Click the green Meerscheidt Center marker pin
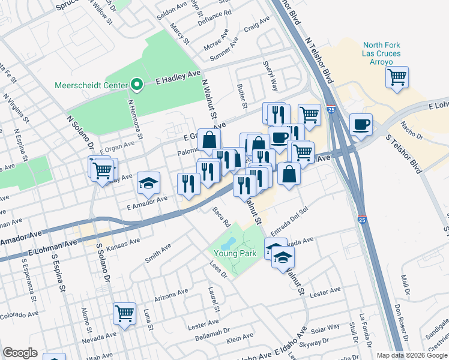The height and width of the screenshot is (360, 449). (137, 85)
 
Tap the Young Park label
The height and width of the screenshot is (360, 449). (236, 253)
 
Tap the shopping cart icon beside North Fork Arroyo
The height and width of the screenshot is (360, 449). (397, 77)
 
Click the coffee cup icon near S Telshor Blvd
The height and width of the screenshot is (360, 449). (361, 125)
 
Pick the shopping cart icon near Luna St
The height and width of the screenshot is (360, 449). (124, 313)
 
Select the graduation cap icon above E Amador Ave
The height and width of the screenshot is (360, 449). (148, 184)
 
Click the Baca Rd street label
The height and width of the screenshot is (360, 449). (221, 217)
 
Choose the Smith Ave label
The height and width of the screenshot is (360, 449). (158, 254)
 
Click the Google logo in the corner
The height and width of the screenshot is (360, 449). (20, 353)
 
